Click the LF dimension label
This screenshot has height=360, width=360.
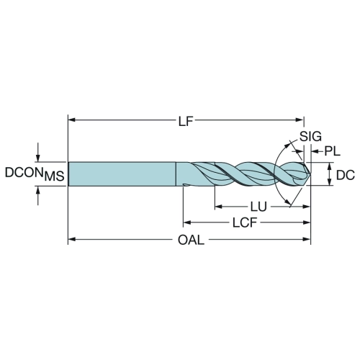click(x=186, y=122)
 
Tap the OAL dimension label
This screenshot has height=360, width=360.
click(x=191, y=240)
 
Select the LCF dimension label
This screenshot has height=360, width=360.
click(x=245, y=222)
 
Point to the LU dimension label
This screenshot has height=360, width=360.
click(x=258, y=207)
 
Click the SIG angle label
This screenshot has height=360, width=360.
click(x=310, y=137)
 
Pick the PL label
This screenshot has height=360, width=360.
click(x=333, y=151)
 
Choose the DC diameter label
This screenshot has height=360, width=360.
click(x=346, y=175)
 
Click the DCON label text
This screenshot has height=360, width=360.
click(x=24, y=173)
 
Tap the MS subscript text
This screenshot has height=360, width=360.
click(x=55, y=176)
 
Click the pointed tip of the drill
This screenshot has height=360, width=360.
click(x=310, y=174)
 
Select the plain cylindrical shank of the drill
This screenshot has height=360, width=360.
click(x=122, y=174)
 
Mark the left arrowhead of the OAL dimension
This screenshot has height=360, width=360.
click(x=72, y=239)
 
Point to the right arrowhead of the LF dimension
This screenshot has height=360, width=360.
click(x=300, y=120)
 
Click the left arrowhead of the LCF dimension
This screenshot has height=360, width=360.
click(x=187, y=222)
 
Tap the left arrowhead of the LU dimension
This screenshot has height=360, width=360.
click(x=219, y=207)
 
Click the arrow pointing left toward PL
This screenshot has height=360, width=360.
click(x=317, y=151)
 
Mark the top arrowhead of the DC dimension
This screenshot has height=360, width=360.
click(x=330, y=166)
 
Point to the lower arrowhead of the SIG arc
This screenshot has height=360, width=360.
click(x=287, y=202)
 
